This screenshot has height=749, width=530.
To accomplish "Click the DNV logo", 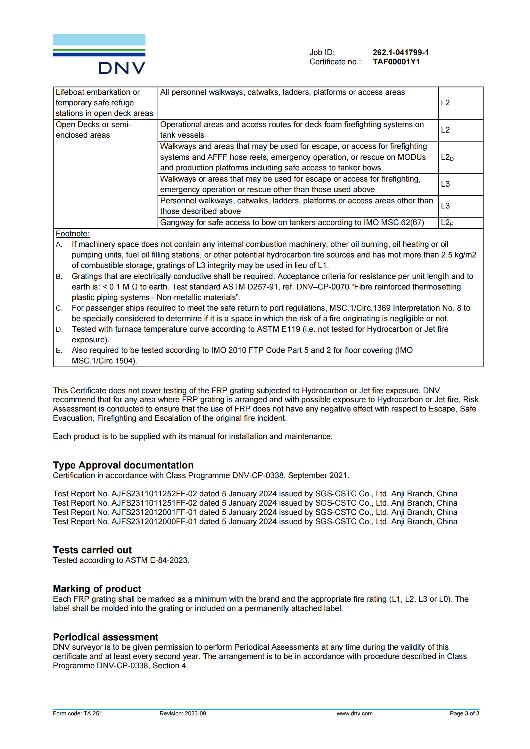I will pyautogui.click(x=99, y=54).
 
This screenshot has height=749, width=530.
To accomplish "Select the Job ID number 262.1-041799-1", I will pyautogui.click(x=401, y=53).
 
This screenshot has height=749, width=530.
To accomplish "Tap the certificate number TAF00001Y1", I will pyautogui.click(x=396, y=62).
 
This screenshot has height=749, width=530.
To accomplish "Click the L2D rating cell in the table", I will pyautogui.click(x=447, y=157).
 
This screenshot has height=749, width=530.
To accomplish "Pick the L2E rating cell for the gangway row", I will pyautogui.click(x=447, y=223).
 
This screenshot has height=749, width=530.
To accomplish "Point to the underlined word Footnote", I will pyautogui.click(x=72, y=233).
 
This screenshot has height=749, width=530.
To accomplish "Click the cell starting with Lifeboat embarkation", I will pyautogui.click(x=104, y=103).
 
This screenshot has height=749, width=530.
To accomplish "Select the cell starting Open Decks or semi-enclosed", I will pyautogui.click(x=93, y=130).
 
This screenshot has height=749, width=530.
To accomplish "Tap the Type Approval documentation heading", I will pyautogui.click(x=123, y=465).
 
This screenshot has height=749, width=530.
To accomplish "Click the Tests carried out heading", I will pyautogui.click(x=92, y=550).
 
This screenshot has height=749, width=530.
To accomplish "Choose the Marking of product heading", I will pyautogui.click(x=97, y=589).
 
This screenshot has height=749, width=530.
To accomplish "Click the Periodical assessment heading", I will pyautogui.click(x=105, y=637).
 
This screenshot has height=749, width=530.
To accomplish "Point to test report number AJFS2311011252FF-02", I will pyautogui.click(x=154, y=493).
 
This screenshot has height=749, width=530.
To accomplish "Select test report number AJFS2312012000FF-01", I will pyautogui.click(x=154, y=521).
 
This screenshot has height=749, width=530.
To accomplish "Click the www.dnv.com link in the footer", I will pyautogui.click(x=354, y=713).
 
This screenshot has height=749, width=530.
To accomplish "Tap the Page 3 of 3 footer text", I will pyautogui.click(x=464, y=713).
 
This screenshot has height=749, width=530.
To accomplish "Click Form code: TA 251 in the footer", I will pyautogui.click(x=77, y=713).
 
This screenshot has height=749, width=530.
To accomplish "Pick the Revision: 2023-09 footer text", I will pyautogui.click(x=183, y=713).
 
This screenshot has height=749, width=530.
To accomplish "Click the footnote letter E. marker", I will pyautogui.click(x=59, y=350).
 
